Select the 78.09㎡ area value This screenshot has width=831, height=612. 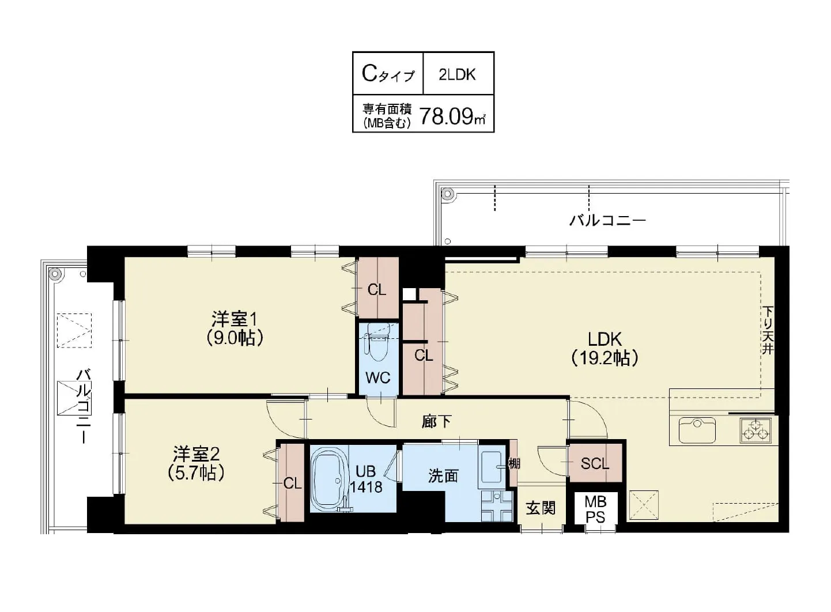tap(452, 116)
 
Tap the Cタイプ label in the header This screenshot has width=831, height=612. tap(387, 74)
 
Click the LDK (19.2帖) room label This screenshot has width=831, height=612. tap(605, 349)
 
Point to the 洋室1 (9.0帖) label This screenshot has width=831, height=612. tap(237, 328)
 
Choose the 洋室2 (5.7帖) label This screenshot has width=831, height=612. tap(197, 463)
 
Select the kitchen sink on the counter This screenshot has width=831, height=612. tap(697, 429)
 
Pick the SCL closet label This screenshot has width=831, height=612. tap(594, 463)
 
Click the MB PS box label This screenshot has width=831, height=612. tap(595, 509)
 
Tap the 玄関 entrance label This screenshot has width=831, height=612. tap(541, 508)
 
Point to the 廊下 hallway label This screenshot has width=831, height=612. tap(436, 422)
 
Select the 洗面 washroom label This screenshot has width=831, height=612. tap(443, 476)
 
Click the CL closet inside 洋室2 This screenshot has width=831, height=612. tap(292, 483)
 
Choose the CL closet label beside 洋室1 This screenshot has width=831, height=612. tap(377, 290)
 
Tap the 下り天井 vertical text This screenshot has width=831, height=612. tap(768, 330)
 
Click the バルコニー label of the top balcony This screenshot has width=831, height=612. tap(607, 220)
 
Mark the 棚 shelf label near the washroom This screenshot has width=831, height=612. tap(513, 463)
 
